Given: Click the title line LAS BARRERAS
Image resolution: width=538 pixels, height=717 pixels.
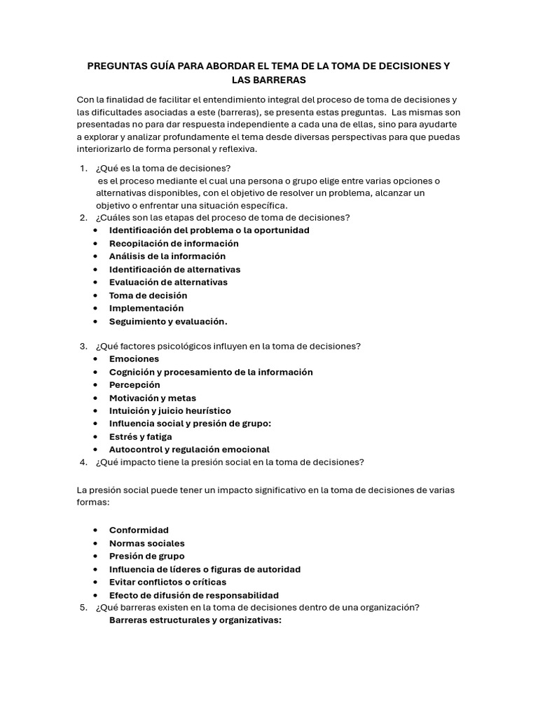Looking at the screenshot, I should coord(268,80).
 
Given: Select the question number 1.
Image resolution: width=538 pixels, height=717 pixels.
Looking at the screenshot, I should coord(83,168).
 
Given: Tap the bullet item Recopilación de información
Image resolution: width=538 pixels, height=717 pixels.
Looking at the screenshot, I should coord(174,244).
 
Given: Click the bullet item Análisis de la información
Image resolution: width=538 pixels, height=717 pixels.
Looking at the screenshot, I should coord(167,256).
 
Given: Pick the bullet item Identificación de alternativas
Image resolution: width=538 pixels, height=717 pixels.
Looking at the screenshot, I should coord(174,270).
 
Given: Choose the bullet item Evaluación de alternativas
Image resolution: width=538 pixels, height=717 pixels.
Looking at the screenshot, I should coord(168,282).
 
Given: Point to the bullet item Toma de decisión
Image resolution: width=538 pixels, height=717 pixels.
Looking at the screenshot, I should coord(148,295).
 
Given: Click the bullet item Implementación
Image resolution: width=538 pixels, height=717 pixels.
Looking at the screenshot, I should coord(146,308).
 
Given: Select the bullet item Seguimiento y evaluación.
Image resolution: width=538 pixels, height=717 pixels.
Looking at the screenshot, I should coord(168,322).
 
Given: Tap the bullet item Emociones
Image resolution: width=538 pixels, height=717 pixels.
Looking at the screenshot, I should coord(134,359).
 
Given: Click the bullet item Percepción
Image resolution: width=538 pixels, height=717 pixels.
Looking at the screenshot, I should coord(134,385).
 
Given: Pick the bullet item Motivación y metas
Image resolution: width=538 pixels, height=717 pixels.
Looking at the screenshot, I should coord(153,398).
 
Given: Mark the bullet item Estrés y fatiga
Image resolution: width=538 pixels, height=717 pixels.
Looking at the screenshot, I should coord(140,437).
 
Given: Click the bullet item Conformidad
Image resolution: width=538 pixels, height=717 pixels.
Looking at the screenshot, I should coord(139,530).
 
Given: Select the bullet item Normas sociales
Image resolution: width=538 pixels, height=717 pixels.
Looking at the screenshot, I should coord(147,543).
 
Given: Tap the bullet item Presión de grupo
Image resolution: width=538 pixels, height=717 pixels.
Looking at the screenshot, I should coord(147,556).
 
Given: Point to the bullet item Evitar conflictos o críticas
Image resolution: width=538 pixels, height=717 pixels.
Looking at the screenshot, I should coord(167,582).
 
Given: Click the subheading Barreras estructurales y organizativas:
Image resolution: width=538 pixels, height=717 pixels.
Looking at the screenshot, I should coord(195,620).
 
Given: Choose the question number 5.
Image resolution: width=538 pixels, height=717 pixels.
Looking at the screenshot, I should coord(83,607).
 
